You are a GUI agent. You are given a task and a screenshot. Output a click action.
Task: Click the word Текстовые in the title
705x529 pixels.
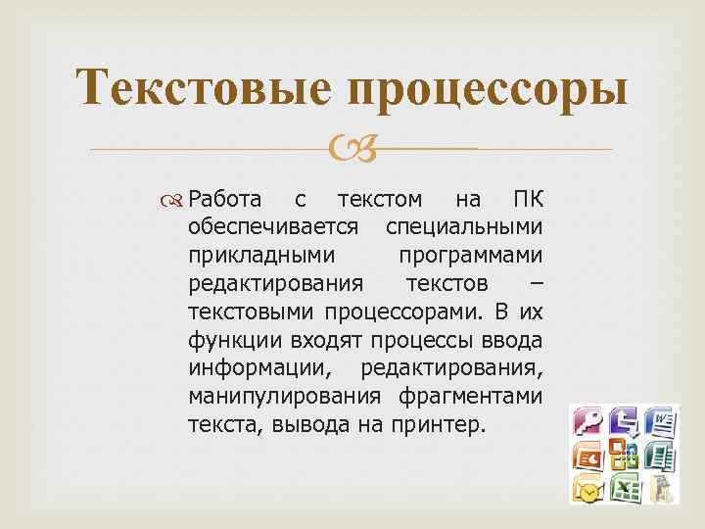tap(195, 90)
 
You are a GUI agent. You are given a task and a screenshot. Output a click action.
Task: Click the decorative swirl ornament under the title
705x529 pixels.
tap(352, 149)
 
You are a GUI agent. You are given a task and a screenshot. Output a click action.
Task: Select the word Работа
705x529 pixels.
tap(224, 200)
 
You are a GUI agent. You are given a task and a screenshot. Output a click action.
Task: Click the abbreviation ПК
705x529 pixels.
tap(527, 200)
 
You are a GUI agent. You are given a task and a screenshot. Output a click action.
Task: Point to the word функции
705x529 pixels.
tap(231, 340)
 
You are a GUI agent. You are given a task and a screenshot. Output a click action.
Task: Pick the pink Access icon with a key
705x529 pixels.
tap(589, 422)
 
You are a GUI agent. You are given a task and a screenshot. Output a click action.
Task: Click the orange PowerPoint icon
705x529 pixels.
tap(589, 456)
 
